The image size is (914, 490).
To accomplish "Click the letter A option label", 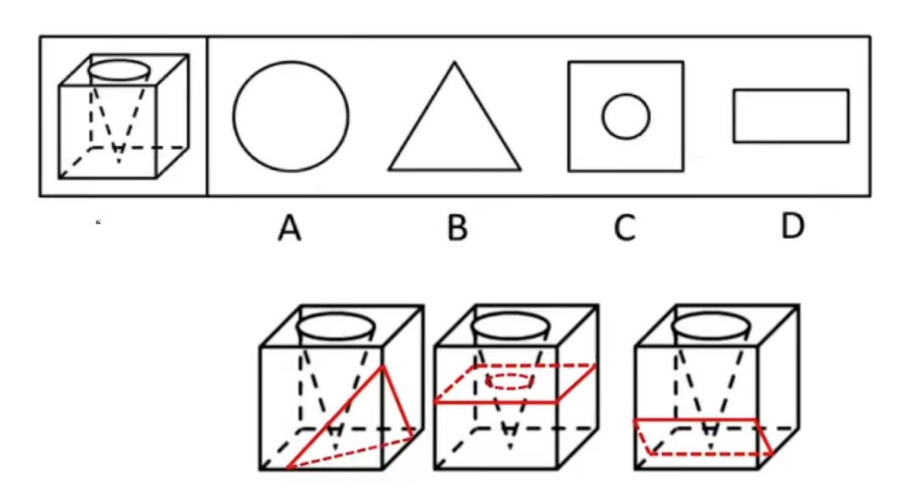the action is coord(290,227).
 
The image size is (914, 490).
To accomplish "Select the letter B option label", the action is coord(457,227).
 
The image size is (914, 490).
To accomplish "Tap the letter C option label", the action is coord(624,227).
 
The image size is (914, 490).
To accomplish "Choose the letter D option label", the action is coord(792,226).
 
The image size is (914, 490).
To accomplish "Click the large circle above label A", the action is coord(291,116).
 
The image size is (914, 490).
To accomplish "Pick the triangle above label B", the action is coord(455,123).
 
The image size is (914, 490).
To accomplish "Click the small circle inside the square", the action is coord(626,117).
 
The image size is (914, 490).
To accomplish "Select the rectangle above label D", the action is coord(790,115).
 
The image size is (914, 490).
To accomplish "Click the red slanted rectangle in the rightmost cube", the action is coord(703,437).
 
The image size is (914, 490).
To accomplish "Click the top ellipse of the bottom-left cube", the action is coord(335,326).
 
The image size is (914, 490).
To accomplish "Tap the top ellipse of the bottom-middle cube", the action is coord(512,326).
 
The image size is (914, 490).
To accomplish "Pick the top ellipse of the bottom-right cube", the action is coord(712,326).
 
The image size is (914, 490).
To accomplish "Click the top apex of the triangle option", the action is coord(455,63).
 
